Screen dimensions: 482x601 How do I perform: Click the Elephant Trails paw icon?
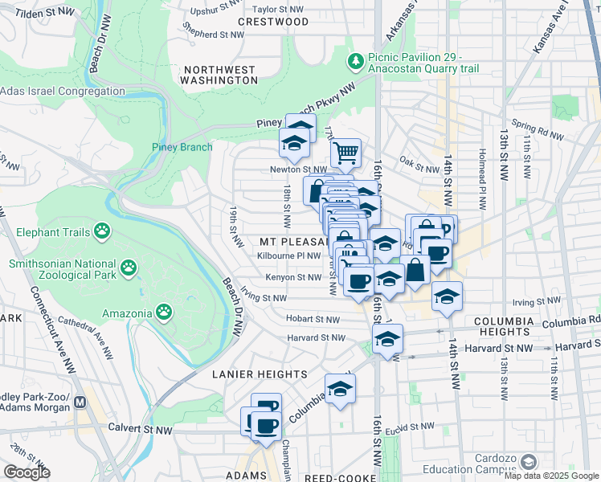coord(101,232)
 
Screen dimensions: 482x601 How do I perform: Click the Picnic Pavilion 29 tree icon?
coord(354,61)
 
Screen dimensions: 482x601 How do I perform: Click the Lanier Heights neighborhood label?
coord(248,374)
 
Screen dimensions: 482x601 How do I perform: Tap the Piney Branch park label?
coord(182,146)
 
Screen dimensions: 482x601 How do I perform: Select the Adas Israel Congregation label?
coord(63,92)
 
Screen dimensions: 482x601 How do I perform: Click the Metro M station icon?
coord(80,402)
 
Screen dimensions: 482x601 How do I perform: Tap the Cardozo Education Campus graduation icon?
coord(528,462)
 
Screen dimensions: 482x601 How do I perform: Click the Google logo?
coord(27,472)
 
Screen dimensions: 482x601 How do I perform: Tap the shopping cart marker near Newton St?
coord(345,151)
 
